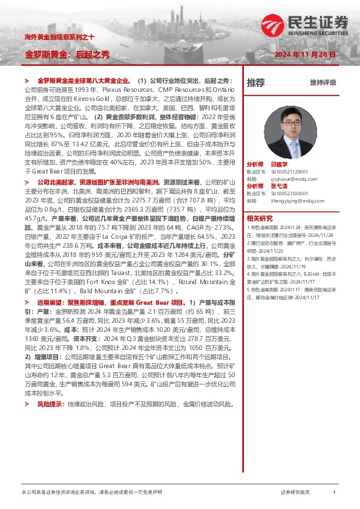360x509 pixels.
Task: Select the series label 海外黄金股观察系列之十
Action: click(59, 37)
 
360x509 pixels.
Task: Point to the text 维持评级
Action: click(322, 82)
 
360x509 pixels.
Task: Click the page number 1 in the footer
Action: click(334, 493)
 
